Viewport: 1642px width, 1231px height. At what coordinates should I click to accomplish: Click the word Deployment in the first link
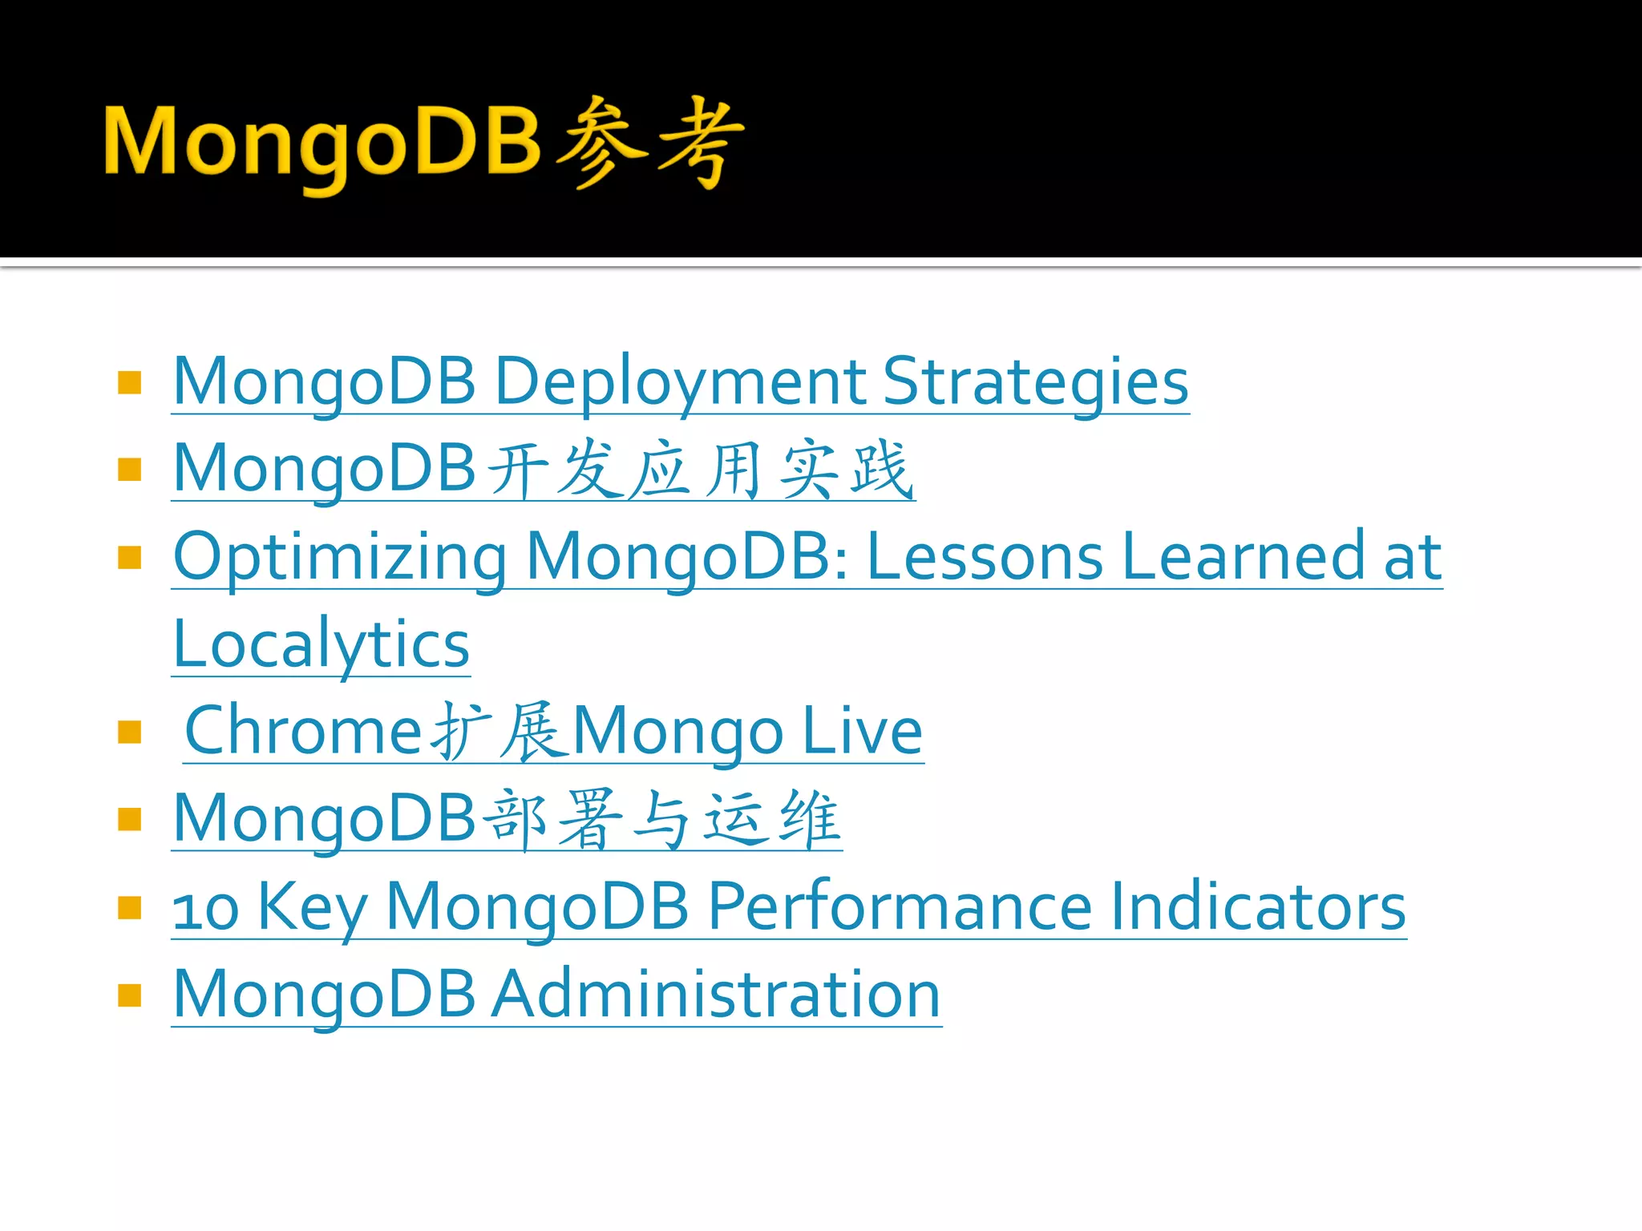click(680, 382)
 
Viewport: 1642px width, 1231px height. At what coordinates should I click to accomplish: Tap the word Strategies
click(1035, 382)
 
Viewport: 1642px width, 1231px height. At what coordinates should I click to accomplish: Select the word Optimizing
click(340, 557)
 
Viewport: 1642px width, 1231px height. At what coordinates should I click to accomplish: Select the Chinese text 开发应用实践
click(700, 470)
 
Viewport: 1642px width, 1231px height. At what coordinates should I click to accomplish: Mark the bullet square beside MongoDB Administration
click(129, 995)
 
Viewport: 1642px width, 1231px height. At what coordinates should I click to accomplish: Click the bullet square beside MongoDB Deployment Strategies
click(129, 382)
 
